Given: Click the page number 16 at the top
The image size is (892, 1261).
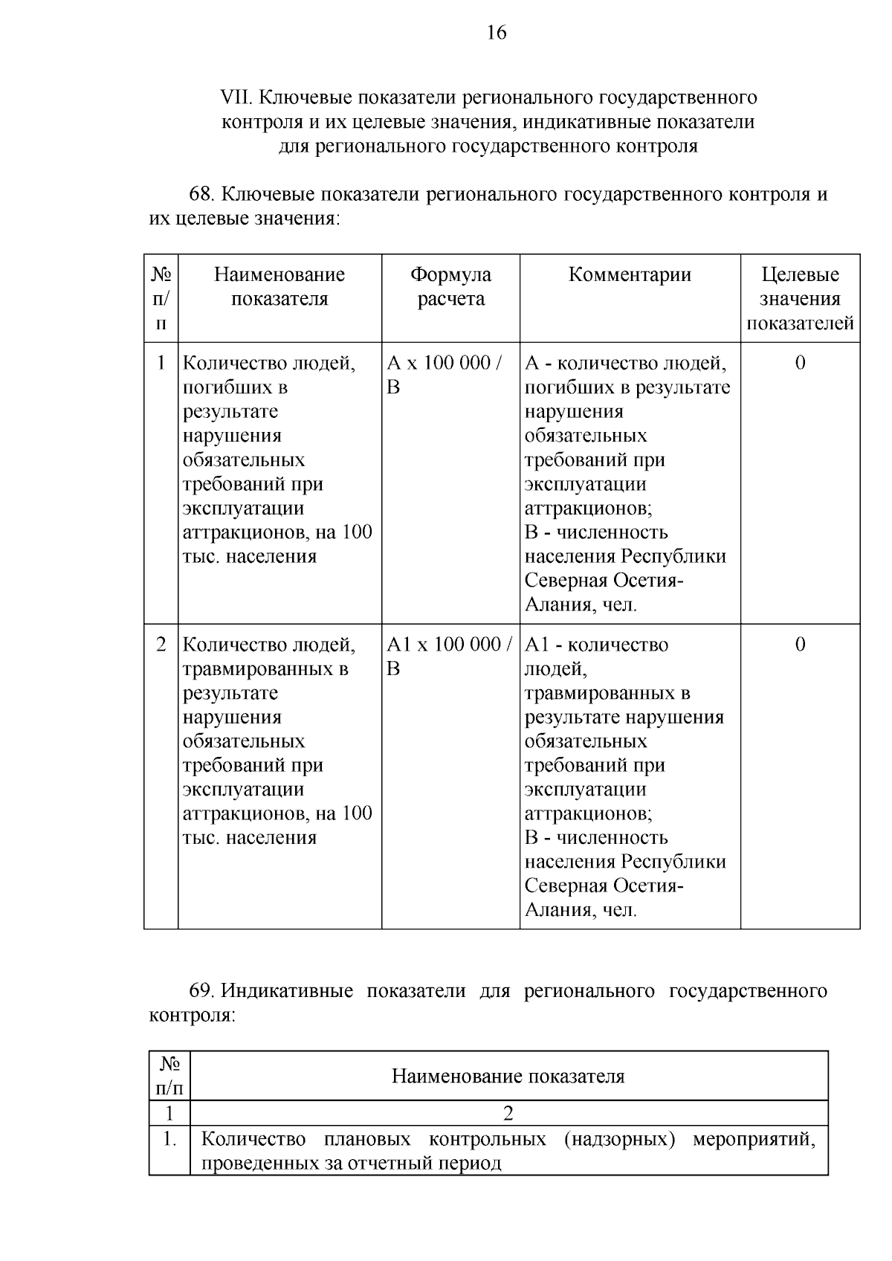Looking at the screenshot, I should click(497, 33).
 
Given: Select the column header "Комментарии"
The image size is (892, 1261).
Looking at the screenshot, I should click(630, 275).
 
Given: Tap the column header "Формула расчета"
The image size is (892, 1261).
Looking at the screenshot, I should click(450, 287).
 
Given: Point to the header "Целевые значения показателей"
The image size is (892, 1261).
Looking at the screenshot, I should click(800, 299).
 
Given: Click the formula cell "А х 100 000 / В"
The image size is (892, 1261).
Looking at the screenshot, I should click(445, 375).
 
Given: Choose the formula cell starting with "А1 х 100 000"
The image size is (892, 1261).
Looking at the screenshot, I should click(450, 656).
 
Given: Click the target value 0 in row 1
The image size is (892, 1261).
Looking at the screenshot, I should click(800, 363).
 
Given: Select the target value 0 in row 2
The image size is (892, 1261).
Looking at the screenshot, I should click(800, 644).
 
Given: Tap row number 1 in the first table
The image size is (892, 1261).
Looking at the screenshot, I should click(161, 363).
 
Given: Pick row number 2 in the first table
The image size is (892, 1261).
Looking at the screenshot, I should click(161, 644).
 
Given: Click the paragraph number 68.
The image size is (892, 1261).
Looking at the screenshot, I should click(201, 195).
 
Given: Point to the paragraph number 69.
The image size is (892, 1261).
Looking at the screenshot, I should click(202, 991).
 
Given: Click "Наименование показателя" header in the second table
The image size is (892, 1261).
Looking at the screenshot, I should click(508, 1076).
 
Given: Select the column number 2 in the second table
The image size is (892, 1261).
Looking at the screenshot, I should click(508, 1113).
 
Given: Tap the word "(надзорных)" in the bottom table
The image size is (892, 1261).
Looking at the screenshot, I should click(619, 1139).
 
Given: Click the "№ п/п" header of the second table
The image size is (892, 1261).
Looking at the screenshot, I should click(169, 1076).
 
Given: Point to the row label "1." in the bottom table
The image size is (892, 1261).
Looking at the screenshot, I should click(169, 1139).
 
